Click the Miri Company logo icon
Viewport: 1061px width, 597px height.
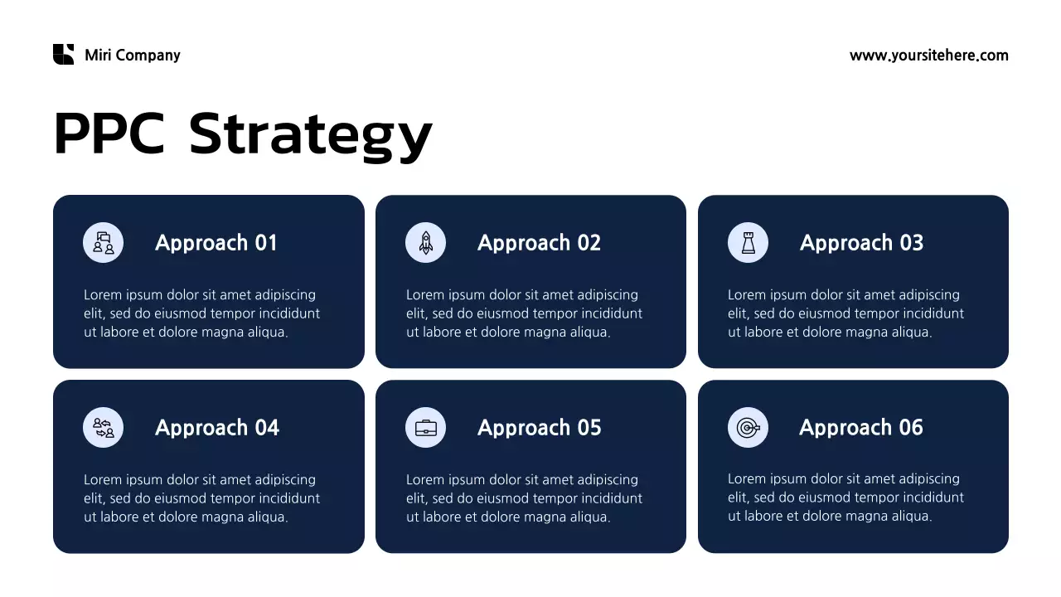[63, 55]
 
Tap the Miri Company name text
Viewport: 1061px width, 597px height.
[132, 56]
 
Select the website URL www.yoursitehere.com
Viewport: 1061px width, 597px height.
[928, 56]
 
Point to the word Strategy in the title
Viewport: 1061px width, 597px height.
[310, 134]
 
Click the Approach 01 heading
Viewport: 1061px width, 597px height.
[216, 243]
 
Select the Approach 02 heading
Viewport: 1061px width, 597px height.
[539, 243]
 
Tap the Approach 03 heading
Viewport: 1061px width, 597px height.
[861, 243]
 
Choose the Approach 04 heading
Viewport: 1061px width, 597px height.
[217, 428]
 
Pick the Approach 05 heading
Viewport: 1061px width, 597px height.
[539, 428]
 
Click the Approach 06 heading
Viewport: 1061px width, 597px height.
[860, 428]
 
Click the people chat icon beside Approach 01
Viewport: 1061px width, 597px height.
[104, 243]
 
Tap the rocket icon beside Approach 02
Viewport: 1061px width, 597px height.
[425, 243]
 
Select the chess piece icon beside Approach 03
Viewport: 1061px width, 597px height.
[748, 243]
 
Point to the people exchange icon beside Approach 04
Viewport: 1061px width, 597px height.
[104, 428]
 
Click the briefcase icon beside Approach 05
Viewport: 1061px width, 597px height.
[425, 428]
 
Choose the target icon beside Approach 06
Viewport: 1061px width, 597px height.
[748, 428]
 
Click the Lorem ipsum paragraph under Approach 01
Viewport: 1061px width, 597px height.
[201, 313]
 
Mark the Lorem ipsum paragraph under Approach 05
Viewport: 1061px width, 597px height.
[524, 498]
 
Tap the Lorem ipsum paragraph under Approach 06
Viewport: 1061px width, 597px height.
[845, 498]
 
